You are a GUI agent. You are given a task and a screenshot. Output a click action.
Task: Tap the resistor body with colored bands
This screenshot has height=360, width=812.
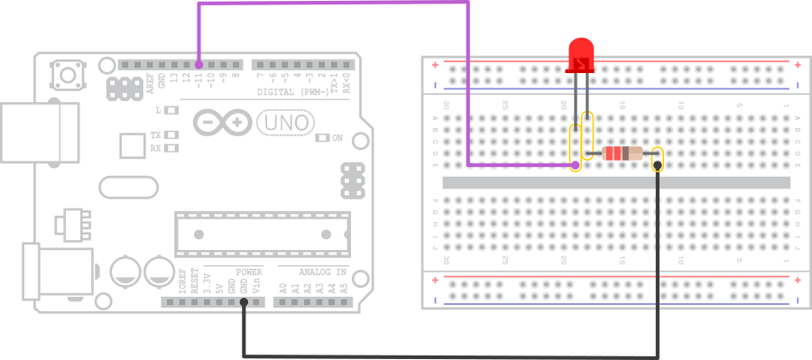tap(623, 153)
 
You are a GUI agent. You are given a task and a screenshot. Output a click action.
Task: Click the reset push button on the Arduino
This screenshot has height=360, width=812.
tap(65, 71)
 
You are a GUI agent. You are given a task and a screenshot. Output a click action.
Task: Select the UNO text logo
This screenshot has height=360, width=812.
tap(284, 122)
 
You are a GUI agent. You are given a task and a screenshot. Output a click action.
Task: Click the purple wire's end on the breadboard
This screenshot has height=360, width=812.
tap(576, 166)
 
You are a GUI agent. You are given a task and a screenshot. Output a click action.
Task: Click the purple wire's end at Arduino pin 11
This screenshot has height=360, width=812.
tap(198, 65)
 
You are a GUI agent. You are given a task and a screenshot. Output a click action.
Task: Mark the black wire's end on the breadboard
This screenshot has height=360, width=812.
tap(657, 166)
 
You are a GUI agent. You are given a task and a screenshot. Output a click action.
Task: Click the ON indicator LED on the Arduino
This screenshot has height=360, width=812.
tap(322, 138)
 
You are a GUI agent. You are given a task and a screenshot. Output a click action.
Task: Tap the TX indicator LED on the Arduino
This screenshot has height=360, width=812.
tap(171, 134)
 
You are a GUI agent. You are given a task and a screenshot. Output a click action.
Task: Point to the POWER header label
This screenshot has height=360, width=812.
tap(249, 272)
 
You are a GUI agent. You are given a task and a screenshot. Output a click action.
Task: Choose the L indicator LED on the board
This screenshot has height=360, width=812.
tap(171, 110)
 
